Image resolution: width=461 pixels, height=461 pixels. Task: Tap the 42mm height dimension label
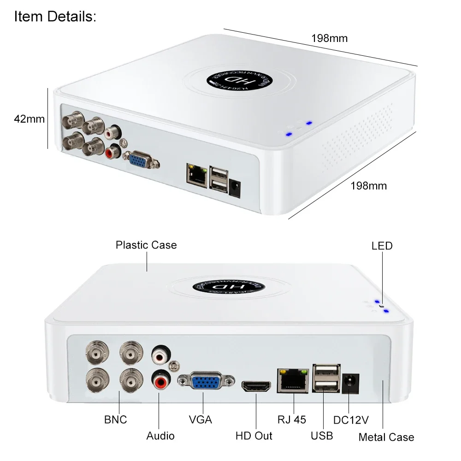point(29,118)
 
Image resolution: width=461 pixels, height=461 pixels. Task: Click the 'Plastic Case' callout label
point(146,245)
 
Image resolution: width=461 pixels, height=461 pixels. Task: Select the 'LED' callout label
point(382,246)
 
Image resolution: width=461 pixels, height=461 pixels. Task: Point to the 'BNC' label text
point(115,420)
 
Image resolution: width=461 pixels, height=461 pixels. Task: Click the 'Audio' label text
point(160,435)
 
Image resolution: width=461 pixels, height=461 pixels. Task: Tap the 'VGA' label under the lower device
point(201,420)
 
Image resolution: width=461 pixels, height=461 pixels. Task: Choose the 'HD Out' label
point(254,435)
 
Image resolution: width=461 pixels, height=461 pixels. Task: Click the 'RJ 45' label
point(292,420)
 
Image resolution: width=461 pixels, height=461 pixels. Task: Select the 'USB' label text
point(322,435)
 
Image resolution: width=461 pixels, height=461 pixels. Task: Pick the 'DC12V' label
point(351,420)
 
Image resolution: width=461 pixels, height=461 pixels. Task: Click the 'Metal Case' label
point(386,437)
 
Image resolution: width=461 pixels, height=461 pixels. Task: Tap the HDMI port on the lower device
point(256,386)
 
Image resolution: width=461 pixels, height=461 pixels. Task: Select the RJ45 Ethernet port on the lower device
point(292,381)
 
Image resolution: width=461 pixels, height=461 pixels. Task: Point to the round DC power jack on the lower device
point(350,382)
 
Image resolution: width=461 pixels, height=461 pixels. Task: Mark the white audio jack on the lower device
point(160,355)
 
